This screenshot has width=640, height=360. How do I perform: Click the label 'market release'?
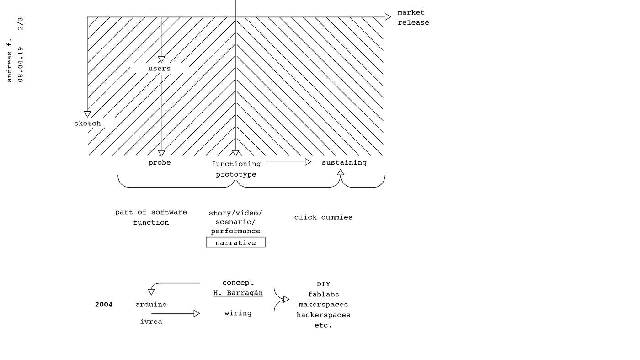pyautogui.click(x=413, y=18)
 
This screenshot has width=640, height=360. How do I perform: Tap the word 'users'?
pyautogui.click(x=159, y=69)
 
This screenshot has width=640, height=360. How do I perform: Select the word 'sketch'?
pyautogui.click(x=87, y=124)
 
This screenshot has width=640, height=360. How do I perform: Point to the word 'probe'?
pyautogui.click(x=160, y=163)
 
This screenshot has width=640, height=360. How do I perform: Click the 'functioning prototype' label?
pyautogui.click(x=236, y=169)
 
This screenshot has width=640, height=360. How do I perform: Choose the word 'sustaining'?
pyautogui.click(x=344, y=163)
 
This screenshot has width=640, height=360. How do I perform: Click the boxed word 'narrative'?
pyautogui.click(x=235, y=243)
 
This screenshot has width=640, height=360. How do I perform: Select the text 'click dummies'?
pyautogui.click(x=323, y=217)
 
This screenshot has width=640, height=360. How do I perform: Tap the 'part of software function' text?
pyautogui.click(x=151, y=217)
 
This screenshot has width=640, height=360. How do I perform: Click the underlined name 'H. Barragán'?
pyautogui.click(x=238, y=293)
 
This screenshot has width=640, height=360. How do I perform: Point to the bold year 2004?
pyautogui.click(x=104, y=305)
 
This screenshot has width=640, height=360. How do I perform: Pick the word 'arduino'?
pyautogui.click(x=151, y=305)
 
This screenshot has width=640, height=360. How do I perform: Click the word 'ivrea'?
pyautogui.click(x=151, y=322)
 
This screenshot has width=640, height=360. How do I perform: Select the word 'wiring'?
pyautogui.click(x=238, y=313)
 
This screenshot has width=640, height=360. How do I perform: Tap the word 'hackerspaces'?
pyautogui.click(x=323, y=315)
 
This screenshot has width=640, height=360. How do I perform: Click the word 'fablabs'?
pyautogui.click(x=323, y=295)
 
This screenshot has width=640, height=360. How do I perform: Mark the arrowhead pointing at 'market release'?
pyautogui.click(x=388, y=17)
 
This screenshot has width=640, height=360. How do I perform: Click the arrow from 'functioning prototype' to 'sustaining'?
pyautogui.click(x=288, y=162)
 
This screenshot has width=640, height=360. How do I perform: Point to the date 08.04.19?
pyautogui.click(x=21, y=64)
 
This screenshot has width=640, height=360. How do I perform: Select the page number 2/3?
pyautogui.click(x=21, y=24)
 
